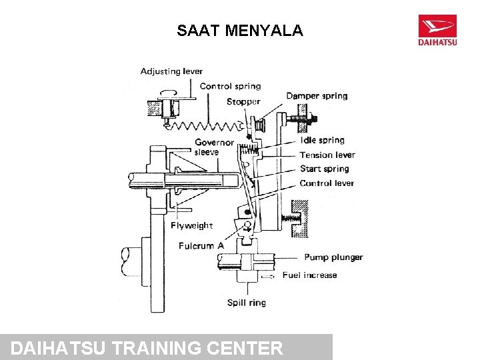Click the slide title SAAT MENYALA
240,31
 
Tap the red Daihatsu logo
437,30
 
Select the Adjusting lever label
171,71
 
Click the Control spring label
230,86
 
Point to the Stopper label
243,102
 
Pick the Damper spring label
317,96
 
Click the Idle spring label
322,140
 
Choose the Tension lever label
327,155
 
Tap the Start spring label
324,169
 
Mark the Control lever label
327,183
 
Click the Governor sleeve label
214,147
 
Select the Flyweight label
191,225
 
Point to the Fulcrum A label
201,246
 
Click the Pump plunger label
333,257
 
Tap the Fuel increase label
309,275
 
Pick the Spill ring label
247,303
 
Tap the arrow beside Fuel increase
267,275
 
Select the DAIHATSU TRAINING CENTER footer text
147,348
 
